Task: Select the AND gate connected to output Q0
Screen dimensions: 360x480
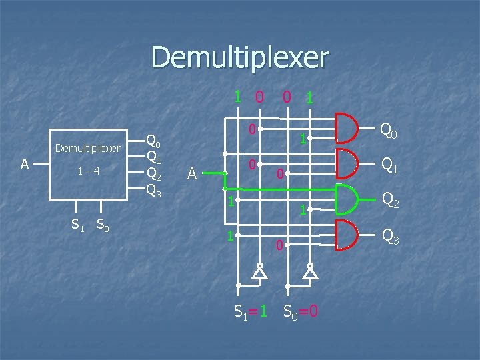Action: pos(347,129)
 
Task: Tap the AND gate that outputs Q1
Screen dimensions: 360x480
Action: pos(347,163)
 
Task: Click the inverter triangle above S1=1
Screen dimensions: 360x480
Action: pos(259,272)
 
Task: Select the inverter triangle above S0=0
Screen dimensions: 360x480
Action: pos(310,272)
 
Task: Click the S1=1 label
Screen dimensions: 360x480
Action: pos(251,311)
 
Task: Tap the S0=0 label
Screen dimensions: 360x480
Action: pos(300,311)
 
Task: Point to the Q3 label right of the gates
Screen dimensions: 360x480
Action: pos(389,237)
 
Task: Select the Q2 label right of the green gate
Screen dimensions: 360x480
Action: pos(389,201)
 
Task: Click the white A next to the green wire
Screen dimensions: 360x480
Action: pos(192,175)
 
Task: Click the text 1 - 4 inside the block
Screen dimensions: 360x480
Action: pos(88,171)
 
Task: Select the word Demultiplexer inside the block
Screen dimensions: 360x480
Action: pos(88,147)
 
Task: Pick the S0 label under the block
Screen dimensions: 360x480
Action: pos(103,225)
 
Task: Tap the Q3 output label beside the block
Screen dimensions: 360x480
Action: pos(153,191)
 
